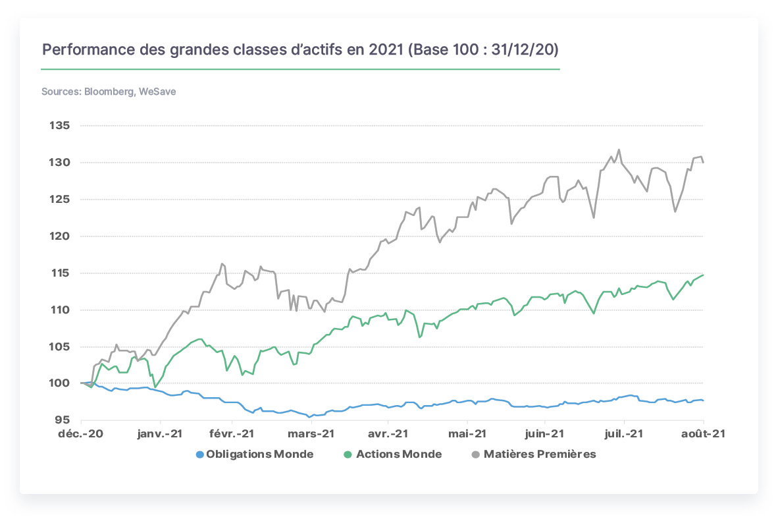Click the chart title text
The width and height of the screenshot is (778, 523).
(x=300, y=49)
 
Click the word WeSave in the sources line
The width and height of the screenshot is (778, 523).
(x=157, y=92)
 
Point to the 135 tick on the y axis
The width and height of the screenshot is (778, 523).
(x=59, y=126)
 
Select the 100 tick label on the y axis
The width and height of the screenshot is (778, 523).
(x=59, y=383)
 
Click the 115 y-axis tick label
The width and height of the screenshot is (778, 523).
(x=59, y=273)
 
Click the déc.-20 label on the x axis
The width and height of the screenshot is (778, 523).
(x=80, y=434)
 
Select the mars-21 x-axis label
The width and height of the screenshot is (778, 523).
(x=311, y=434)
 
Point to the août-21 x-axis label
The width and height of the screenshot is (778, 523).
(x=703, y=434)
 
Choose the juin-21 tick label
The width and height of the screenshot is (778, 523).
(x=544, y=434)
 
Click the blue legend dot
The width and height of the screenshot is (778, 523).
(x=200, y=455)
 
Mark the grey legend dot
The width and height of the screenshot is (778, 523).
(x=475, y=455)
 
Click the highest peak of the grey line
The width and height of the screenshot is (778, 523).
(x=619, y=150)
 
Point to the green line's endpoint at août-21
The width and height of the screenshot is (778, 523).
(x=703, y=275)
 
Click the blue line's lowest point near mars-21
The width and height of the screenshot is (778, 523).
(x=309, y=417)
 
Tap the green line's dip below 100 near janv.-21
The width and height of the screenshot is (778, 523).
(x=155, y=387)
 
